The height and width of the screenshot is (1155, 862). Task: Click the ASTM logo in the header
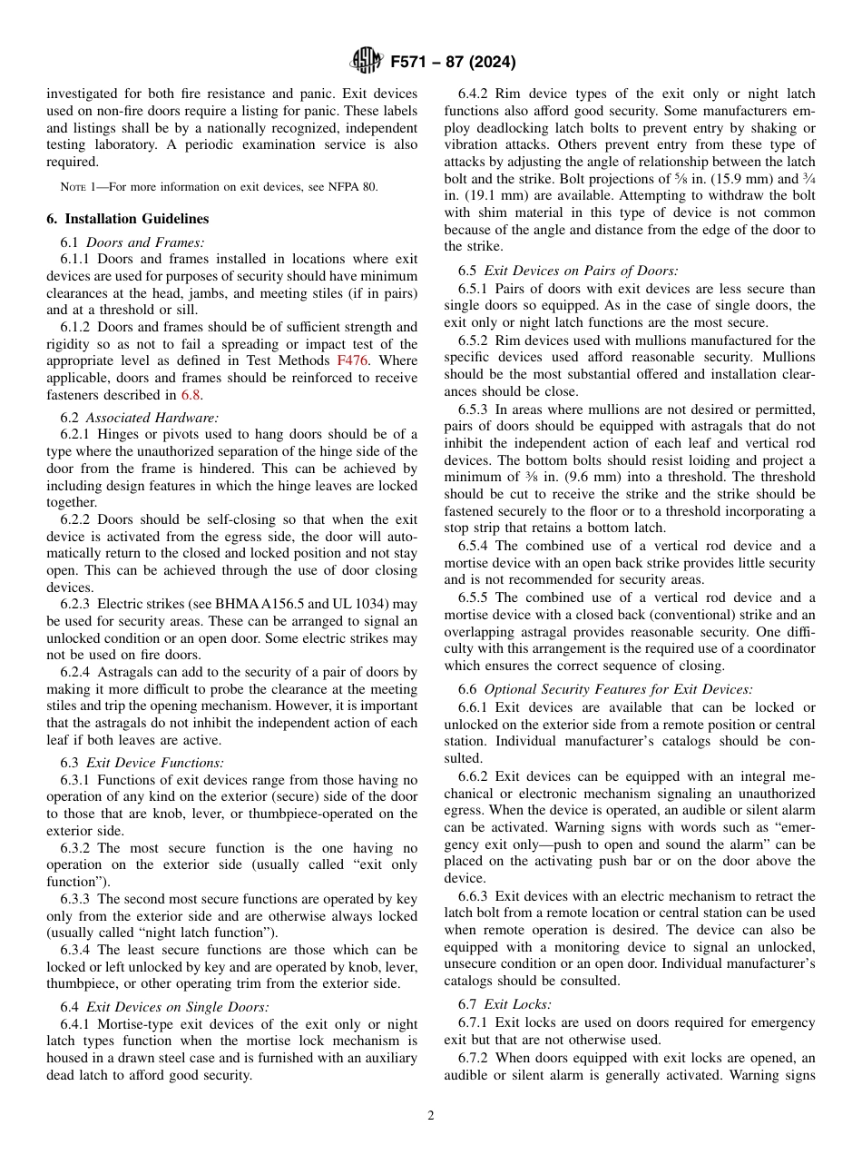pos(367,62)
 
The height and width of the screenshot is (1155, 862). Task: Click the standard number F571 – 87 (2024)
pos(453,63)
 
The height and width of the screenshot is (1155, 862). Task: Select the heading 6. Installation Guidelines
pos(128,219)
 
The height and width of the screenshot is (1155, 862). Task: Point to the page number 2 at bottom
pos(431,1116)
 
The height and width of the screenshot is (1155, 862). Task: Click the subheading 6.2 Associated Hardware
pos(140,418)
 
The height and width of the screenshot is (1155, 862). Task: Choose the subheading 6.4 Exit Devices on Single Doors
pos(164,1006)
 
